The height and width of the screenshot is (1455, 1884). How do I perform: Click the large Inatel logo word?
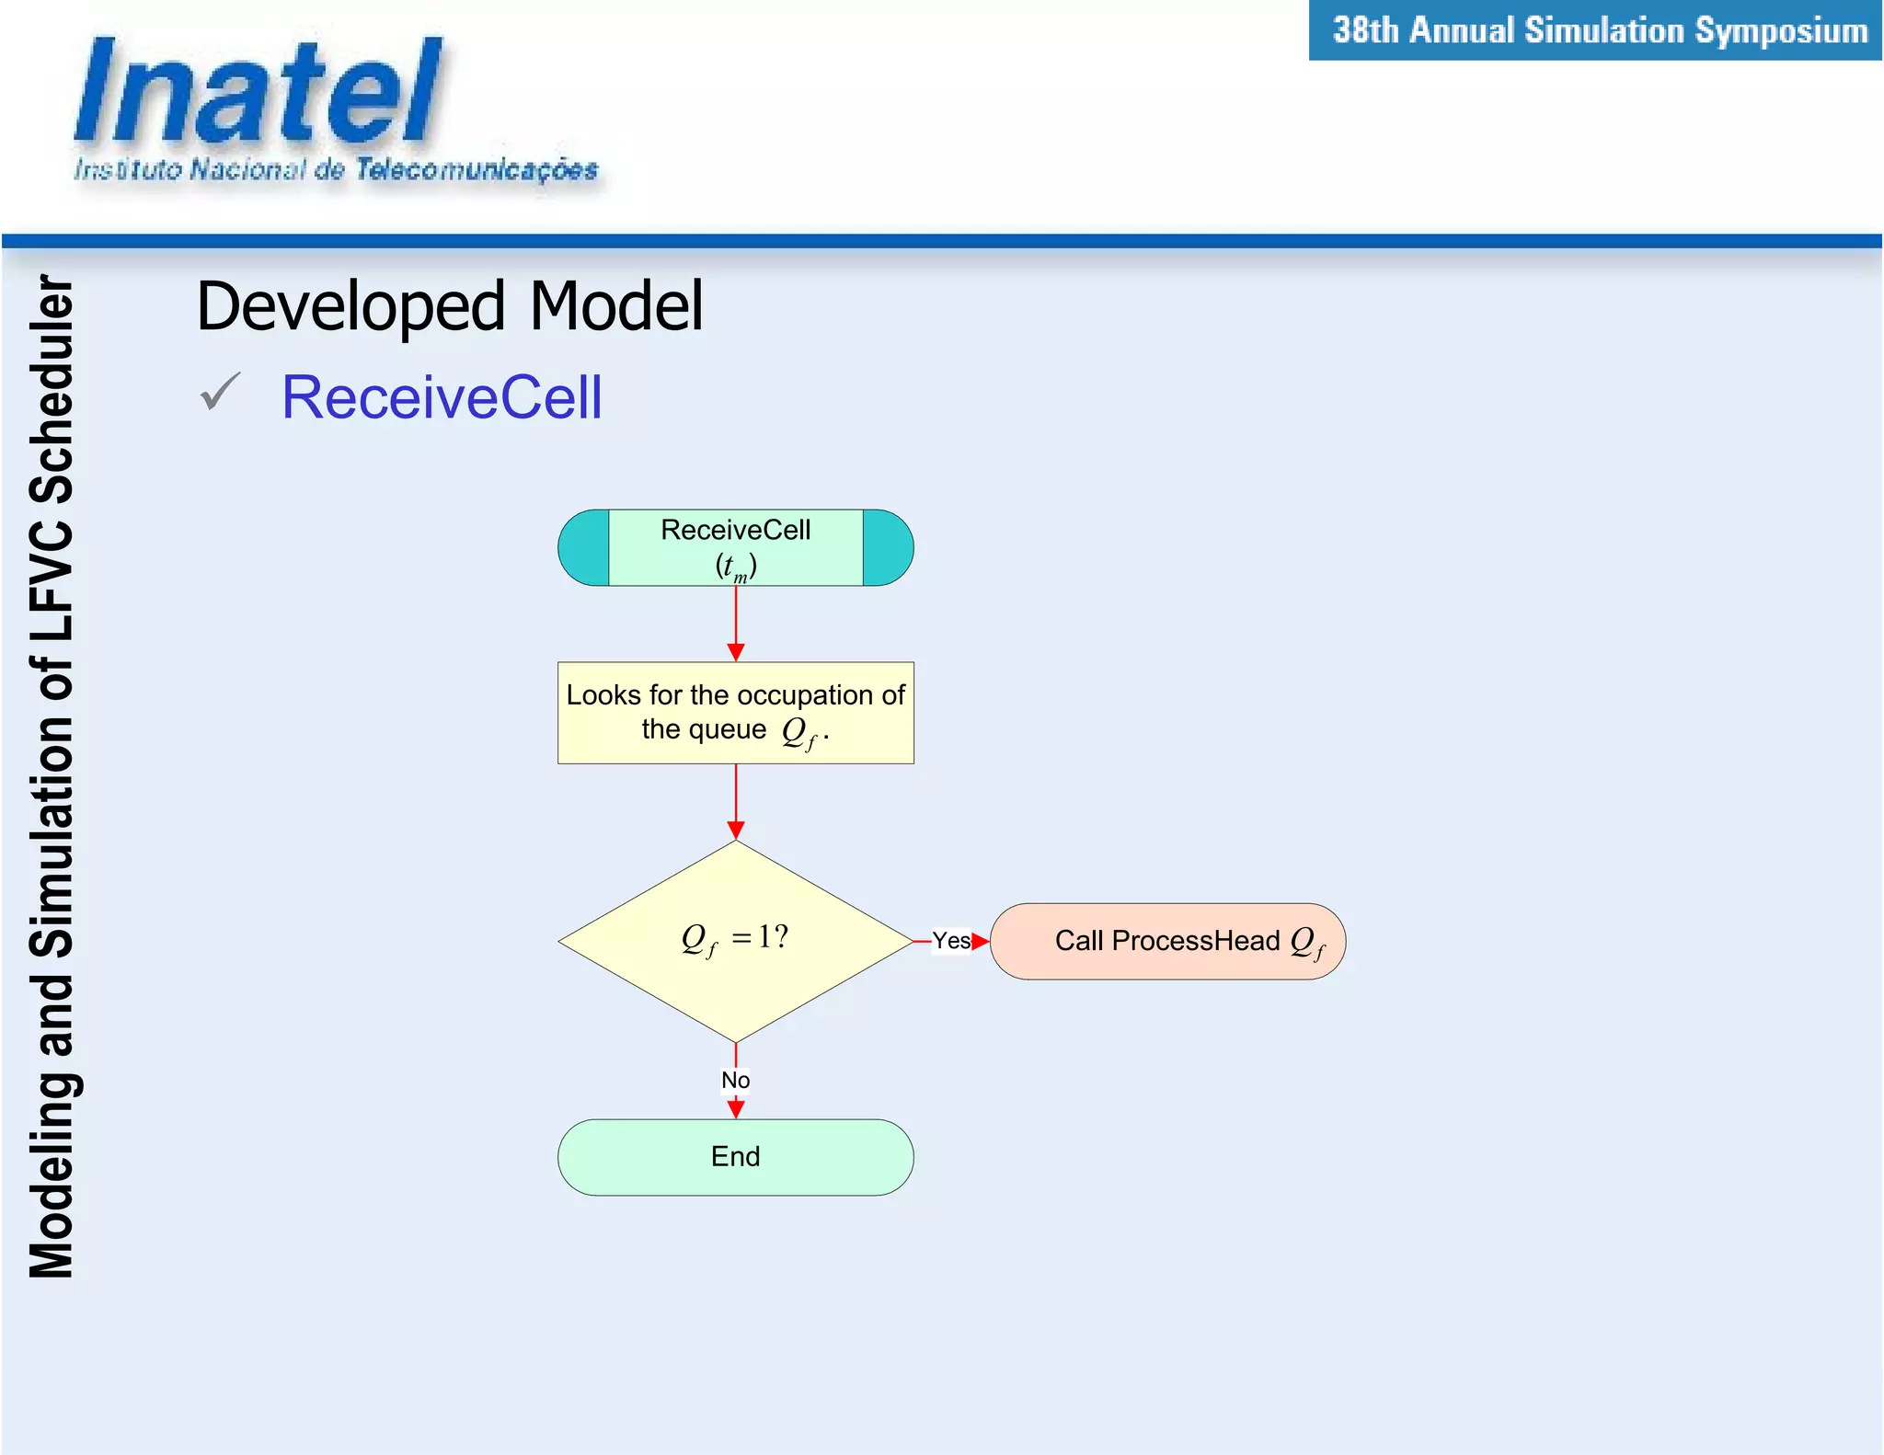258,92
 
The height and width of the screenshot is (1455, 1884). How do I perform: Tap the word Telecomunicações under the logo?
477,169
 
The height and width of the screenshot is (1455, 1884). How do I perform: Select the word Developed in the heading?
351,307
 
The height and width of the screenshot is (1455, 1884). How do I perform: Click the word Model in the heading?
616,305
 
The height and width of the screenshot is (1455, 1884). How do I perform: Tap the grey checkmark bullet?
220,392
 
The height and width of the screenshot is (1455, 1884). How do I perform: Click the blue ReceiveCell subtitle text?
442,397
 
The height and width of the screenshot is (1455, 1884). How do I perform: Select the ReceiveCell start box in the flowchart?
735,546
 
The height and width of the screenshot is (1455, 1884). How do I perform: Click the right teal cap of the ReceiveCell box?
887,548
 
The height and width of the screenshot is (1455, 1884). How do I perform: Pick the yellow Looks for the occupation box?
735,712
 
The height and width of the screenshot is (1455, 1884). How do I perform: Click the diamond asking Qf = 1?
735,940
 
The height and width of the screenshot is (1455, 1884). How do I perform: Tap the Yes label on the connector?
950,940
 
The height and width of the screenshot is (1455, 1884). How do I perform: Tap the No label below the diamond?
735,1080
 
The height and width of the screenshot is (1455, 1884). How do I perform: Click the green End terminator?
735,1156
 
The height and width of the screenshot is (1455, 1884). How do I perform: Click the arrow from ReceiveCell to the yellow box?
735,624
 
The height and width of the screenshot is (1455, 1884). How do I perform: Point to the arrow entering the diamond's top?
735,802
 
